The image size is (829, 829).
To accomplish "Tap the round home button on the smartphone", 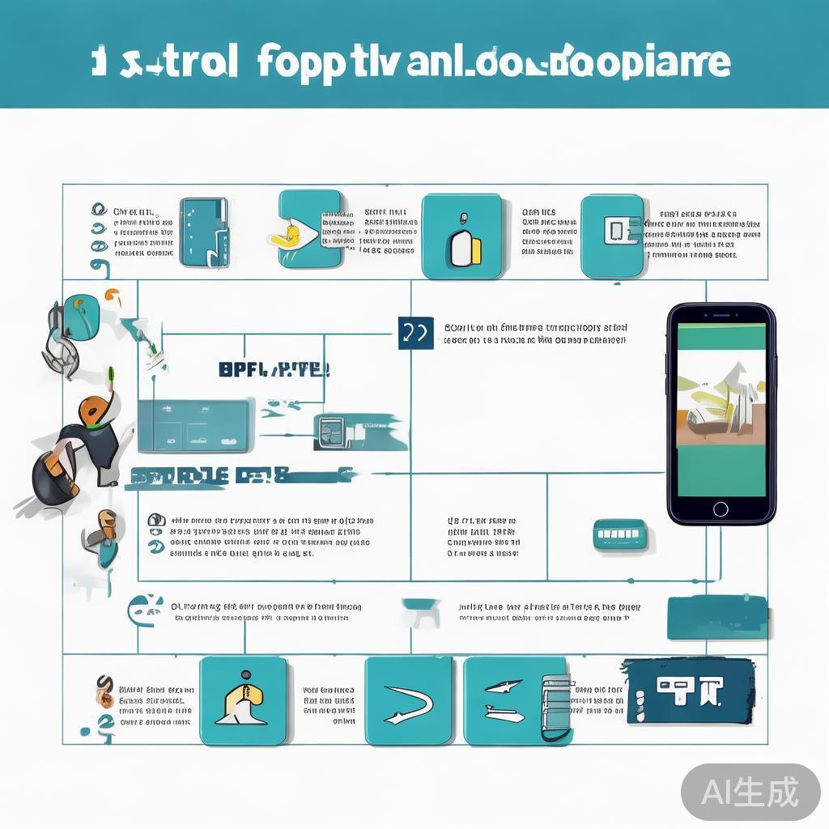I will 720,508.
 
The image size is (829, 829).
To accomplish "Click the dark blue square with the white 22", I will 416,333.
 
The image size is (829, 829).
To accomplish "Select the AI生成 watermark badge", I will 750,792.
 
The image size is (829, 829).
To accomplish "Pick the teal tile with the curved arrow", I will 408,700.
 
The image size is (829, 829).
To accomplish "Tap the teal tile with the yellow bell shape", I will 243,700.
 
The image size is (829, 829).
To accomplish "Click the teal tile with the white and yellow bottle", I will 461,236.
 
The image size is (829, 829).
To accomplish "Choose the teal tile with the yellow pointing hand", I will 309,228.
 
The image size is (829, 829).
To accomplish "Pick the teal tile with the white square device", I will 613,236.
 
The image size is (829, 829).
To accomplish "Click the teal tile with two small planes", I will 508,700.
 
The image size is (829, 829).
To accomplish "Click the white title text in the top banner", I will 413,63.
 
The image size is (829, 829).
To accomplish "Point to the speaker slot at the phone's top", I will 720,313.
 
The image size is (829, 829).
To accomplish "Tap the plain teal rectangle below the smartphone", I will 716,618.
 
